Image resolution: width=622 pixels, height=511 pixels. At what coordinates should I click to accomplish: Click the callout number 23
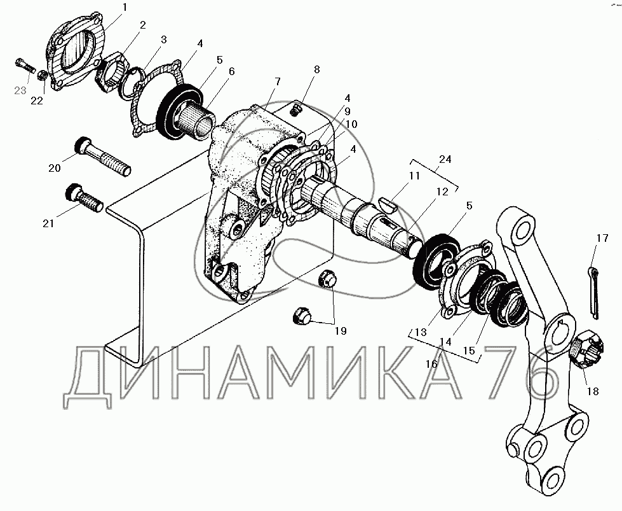pyautogui.click(x=20, y=90)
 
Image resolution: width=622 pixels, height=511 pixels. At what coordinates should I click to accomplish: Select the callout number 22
pyautogui.click(x=37, y=101)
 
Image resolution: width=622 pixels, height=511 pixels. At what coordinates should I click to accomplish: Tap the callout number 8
pyautogui.click(x=316, y=69)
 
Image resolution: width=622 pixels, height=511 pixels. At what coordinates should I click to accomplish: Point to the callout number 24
pyautogui.click(x=445, y=159)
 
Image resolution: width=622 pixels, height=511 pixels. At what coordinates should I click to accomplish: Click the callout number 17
pyautogui.click(x=602, y=238)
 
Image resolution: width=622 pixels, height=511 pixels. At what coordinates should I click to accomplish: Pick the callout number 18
pyautogui.click(x=593, y=391)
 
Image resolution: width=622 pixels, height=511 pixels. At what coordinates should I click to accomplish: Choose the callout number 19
pyautogui.click(x=341, y=331)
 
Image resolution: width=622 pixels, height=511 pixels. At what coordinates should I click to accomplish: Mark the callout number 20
pyautogui.click(x=55, y=168)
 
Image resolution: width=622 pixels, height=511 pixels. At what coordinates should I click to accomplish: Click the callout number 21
pyautogui.click(x=48, y=224)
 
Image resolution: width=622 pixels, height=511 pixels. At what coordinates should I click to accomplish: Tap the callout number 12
pyautogui.click(x=442, y=192)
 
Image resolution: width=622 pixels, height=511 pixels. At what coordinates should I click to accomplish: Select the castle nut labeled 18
pyautogui.click(x=588, y=349)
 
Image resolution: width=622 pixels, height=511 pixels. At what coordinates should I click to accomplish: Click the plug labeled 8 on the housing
pyautogui.click(x=295, y=109)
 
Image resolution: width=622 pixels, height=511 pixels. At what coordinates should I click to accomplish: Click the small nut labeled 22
pyautogui.click(x=43, y=74)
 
